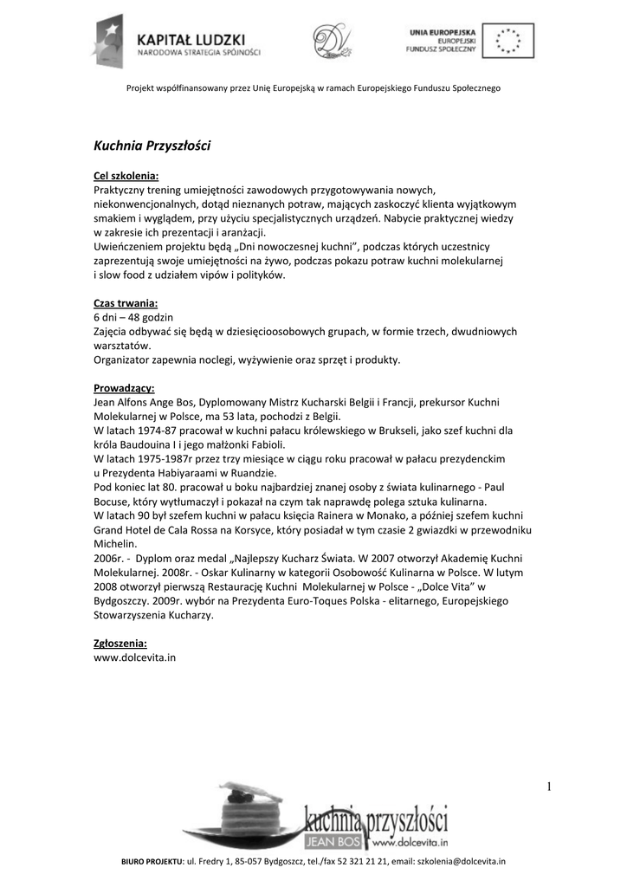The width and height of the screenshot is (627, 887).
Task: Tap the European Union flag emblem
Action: coord(507,39)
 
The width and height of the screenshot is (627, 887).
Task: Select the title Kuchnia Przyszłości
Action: coord(152,146)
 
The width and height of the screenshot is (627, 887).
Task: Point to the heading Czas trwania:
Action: coord(126,303)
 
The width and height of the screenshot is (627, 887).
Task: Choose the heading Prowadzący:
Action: coord(124,388)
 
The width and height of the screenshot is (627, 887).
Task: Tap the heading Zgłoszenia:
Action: coord(120,644)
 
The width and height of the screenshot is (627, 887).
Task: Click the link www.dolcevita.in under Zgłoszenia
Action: coord(134,657)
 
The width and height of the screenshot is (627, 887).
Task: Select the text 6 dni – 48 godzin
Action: coord(133,317)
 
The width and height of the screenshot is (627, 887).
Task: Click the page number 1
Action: coord(549,787)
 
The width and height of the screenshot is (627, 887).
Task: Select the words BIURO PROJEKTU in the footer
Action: coord(151,862)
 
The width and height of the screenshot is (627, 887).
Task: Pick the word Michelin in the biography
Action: coord(115,544)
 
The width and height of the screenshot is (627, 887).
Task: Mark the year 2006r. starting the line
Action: coord(108,558)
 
